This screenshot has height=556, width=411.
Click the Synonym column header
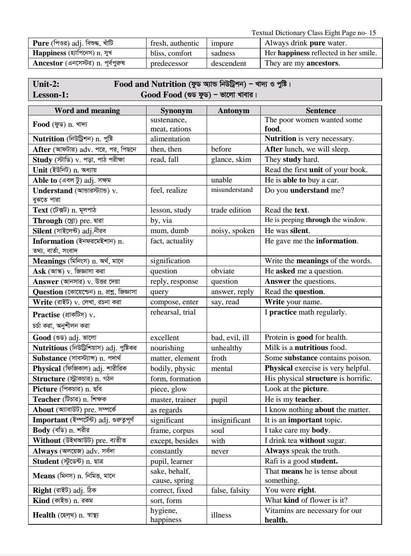tap(176, 110)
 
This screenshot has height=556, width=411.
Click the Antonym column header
tap(233, 110)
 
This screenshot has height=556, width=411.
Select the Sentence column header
tap(321, 110)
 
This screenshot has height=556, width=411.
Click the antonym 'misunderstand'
tap(232, 190)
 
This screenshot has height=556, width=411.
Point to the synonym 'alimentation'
tap(170, 139)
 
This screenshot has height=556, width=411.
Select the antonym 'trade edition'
tap(231, 210)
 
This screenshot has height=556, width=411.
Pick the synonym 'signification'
tap(170, 261)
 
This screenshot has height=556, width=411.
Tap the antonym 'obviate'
tap(223, 271)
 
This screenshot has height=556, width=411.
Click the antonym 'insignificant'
tap(231, 420)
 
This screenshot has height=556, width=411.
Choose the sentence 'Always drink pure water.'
tap(306, 43)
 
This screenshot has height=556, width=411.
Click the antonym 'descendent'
tap(228, 63)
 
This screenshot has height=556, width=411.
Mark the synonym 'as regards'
tap(166, 410)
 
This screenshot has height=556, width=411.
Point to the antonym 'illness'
tap(221, 515)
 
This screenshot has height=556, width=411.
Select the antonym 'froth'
tap(218, 358)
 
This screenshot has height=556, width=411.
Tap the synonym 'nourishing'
tap(167, 348)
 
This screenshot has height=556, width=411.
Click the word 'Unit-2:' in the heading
tap(46, 84)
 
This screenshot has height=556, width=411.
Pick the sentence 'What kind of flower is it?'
tap(306, 500)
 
